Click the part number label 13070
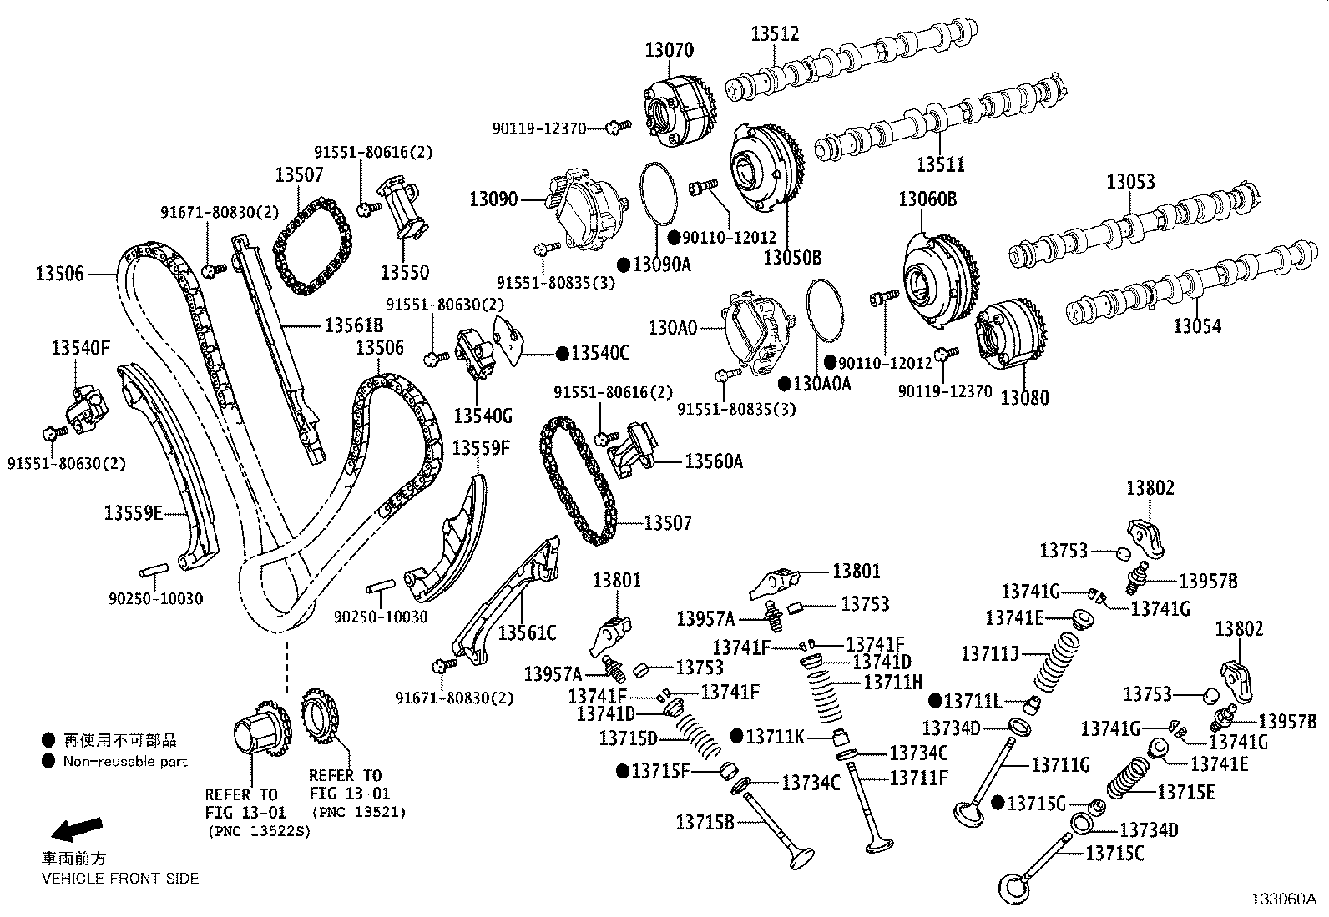click(668, 49)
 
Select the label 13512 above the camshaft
click(774, 33)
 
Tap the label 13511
click(940, 164)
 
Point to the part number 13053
click(1130, 181)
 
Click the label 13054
click(1196, 325)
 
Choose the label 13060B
click(927, 199)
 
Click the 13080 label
click(1024, 397)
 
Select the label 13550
click(404, 272)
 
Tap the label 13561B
click(353, 325)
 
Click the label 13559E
click(133, 512)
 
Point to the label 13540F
click(80, 347)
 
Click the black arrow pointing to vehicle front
click(76, 829)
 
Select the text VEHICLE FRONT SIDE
click(120, 878)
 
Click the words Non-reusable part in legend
click(125, 761)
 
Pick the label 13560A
click(713, 461)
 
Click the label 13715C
click(1114, 853)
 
